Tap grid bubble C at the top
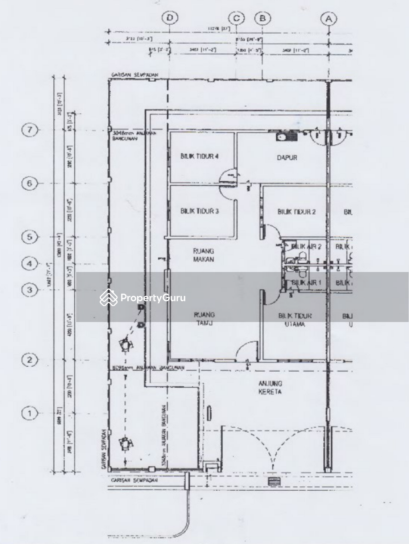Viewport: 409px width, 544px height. click(236, 18)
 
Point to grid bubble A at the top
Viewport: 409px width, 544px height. click(329, 18)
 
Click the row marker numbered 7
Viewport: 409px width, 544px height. click(30, 130)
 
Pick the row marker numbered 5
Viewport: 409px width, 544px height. click(30, 237)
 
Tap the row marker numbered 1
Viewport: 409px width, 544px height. click(30, 413)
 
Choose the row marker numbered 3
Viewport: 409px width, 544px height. click(30, 289)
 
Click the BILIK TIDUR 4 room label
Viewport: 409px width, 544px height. click(199, 157)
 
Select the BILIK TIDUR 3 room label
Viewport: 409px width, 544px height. click(199, 211)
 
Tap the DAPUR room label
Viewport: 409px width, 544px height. click(287, 157)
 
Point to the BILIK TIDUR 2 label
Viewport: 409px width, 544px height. click(297, 211)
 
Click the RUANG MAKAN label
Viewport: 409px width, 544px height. click(203, 255)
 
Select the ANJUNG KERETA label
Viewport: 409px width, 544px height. click(270, 387)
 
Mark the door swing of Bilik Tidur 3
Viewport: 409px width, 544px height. click(229, 192)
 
